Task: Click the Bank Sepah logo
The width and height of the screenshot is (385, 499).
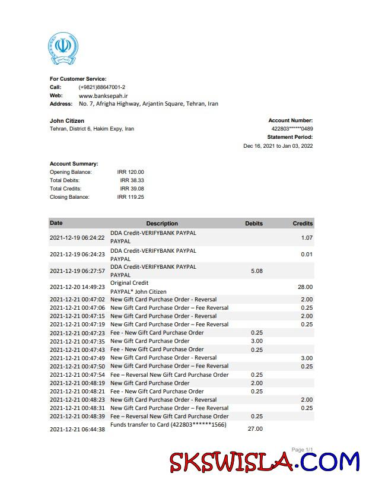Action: [63, 49]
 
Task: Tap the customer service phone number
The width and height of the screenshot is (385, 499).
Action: [101, 87]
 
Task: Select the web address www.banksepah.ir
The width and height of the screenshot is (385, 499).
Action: [103, 96]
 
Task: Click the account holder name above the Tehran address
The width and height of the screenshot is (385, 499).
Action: [67, 121]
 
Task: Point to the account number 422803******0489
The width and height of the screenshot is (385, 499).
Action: [292, 129]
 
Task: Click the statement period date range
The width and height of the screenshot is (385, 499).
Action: [278, 146]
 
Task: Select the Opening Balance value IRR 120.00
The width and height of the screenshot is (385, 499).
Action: [131, 172]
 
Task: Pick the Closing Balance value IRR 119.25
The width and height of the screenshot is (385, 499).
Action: [131, 197]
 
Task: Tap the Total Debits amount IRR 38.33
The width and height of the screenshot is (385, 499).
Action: [132, 180]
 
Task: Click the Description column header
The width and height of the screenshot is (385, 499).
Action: [162, 224]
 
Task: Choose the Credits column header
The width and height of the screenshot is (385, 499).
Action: [303, 224]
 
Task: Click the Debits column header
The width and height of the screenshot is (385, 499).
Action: [254, 224]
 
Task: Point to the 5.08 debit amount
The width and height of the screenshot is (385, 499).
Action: [257, 271]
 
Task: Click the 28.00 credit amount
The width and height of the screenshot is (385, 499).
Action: [304, 287]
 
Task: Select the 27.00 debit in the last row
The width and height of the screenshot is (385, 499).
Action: [256, 428]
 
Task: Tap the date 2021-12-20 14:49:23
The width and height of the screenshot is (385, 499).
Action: [77, 287]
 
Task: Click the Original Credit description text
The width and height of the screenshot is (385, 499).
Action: [129, 283]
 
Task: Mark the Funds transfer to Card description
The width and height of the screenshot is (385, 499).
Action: [168, 425]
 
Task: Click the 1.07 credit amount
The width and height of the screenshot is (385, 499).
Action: [306, 238]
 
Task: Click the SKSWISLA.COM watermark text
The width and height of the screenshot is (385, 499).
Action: [265, 462]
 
